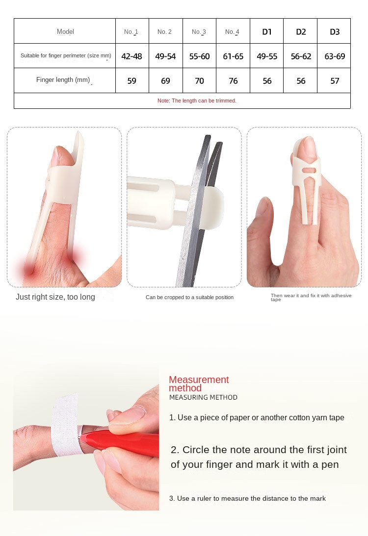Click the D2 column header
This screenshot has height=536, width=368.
click(301, 32)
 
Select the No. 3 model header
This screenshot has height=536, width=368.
click(199, 32)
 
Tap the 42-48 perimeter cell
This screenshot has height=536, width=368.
click(131, 56)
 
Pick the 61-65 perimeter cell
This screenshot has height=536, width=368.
click(233, 56)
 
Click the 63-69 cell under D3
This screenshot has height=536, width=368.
click(335, 56)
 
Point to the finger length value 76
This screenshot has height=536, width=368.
click(233, 81)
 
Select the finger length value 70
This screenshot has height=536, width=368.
click(199, 81)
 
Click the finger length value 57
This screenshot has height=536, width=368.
click(335, 81)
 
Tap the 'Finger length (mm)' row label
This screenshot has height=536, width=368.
click(63, 79)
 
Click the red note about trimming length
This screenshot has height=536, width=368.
click(197, 101)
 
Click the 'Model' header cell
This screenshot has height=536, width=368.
click(65, 31)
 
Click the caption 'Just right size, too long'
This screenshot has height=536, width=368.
click(55, 297)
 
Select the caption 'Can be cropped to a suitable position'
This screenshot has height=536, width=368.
click(189, 297)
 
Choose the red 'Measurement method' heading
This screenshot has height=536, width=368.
click(199, 384)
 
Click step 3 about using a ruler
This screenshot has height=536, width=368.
click(247, 498)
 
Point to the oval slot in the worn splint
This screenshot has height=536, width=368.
click(309, 170)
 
